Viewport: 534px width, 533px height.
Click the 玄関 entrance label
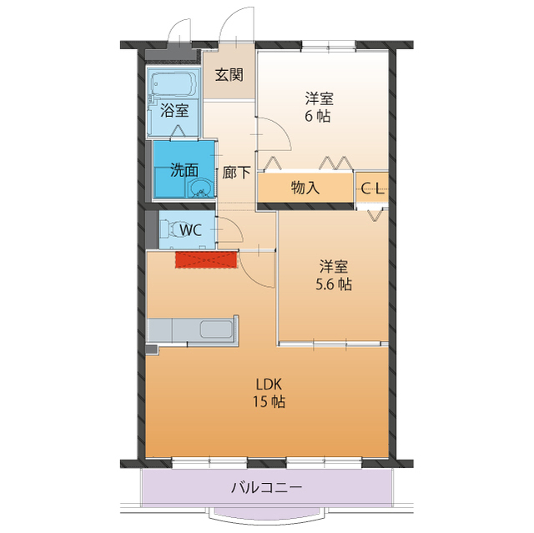(x=229, y=74)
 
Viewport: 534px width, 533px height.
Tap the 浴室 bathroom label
(x=174, y=108)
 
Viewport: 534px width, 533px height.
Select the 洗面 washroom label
(x=184, y=169)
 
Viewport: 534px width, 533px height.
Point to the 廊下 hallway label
(x=236, y=173)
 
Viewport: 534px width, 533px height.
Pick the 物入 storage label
(x=305, y=187)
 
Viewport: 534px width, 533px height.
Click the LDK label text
(x=270, y=385)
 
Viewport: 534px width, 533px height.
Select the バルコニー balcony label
(x=266, y=488)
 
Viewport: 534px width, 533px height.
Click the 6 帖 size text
(x=317, y=117)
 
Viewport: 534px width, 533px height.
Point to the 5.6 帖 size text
(x=334, y=284)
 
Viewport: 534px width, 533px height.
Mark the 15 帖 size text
(x=270, y=402)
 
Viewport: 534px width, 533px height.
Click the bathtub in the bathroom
(x=173, y=84)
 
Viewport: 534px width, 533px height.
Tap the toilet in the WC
(x=173, y=229)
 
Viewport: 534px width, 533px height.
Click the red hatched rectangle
(x=206, y=259)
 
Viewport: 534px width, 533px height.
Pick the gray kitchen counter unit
(x=193, y=329)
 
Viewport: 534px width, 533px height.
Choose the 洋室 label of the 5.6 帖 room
(x=334, y=267)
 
